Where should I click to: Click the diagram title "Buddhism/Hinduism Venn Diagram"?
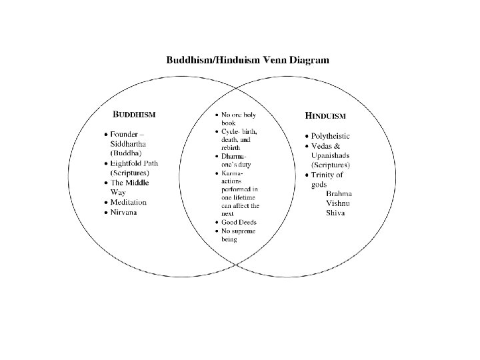coord(247,60)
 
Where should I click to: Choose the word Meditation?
coord(129,202)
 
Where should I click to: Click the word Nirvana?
coord(125,212)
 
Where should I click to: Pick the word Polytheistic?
coord(339,136)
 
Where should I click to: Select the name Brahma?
coord(339,193)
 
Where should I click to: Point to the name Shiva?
coord(336,213)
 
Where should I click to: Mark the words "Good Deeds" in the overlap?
coord(239,222)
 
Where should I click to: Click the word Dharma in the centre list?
coord(233,157)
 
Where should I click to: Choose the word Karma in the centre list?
coord(232,173)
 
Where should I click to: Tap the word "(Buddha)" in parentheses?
coord(125,153)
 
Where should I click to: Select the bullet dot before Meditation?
coord(105,202)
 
